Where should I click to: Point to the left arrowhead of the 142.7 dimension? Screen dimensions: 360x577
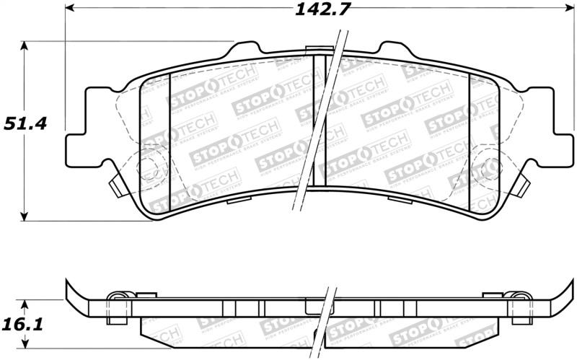(x=71, y=9)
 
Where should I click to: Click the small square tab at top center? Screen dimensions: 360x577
(x=314, y=49)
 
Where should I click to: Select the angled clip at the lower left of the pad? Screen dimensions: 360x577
(x=115, y=187)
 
